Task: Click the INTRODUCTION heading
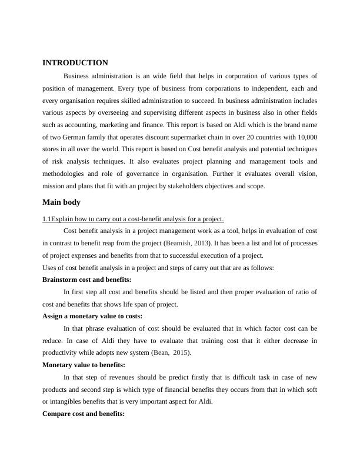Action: (75, 63)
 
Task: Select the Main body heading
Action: (62, 202)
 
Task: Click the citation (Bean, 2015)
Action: (175, 352)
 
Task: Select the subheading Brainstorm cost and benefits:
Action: (87, 279)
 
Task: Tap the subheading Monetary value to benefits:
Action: (84, 365)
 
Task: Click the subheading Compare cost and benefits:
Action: (84, 414)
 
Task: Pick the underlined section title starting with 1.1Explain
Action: (133, 219)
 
